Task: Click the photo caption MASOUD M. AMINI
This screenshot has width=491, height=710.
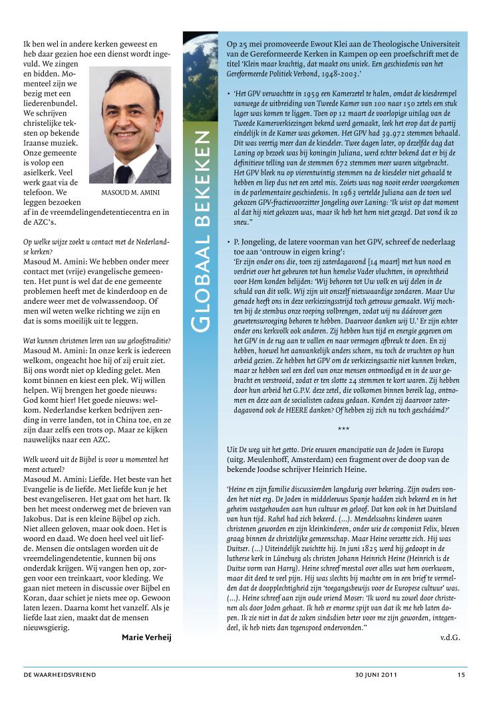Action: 130,193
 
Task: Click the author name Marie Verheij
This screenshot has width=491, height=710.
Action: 146,638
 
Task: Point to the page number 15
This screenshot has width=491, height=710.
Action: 461,675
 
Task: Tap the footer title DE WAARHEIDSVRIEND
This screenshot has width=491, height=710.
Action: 60,675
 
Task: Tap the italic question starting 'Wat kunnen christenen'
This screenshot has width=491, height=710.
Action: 96,341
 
